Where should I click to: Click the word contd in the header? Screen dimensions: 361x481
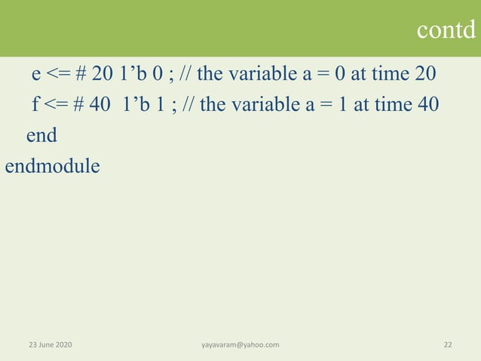pyautogui.click(x=446, y=29)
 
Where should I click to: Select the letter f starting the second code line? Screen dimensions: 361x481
pyautogui.click(x=35, y=104)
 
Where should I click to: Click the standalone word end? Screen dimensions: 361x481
pyautogui.click(x=41, y=135)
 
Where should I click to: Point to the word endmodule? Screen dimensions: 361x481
pyautogui.click(x=52, y=165)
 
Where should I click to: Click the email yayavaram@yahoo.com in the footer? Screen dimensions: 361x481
pyautogui.click(x=240, y=344)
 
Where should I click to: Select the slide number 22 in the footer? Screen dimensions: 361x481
pyautogui.click(x=448, y=344)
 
